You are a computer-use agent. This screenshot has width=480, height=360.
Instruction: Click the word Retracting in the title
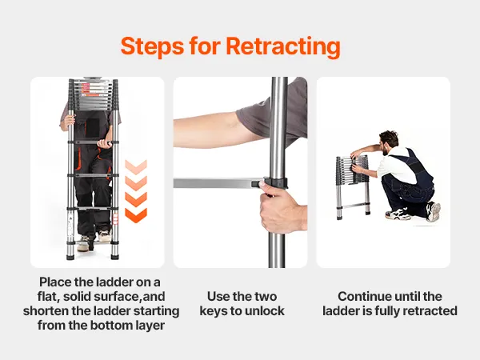(x=283, y=46)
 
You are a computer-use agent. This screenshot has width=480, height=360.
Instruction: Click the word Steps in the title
(x=153, y=46)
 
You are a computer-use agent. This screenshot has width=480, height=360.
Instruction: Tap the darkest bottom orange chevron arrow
(x=136, y=215)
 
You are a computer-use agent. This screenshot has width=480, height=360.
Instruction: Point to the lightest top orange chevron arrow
(x=136, y=167)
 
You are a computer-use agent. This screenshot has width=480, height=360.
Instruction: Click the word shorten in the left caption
(x=46, y=310)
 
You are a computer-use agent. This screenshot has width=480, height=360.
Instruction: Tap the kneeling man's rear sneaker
(x=434, y=211)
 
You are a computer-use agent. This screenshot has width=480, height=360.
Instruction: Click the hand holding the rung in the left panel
(x=104, y=144)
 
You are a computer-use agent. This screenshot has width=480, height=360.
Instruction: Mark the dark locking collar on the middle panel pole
(x=275, y=182)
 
